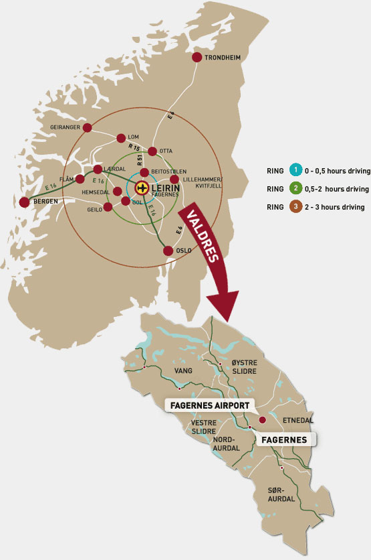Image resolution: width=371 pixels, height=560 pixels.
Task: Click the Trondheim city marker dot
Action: coord(197,58)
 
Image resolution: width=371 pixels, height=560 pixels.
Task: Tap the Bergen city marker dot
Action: coord(25,202)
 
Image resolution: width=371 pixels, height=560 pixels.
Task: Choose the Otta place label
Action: coord(166,151)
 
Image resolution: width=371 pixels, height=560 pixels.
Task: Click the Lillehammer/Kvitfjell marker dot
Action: coord(175,179)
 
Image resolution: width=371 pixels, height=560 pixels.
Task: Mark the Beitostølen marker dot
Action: coord(144,172)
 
